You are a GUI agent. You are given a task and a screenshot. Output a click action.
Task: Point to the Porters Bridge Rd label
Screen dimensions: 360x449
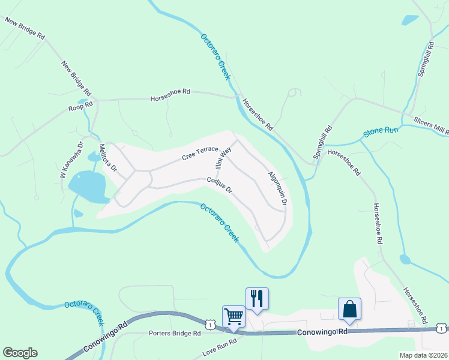pyautogui.click(x=173, y=333)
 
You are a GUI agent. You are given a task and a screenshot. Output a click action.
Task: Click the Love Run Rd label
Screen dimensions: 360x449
pyautogui.click(x=220, y=346)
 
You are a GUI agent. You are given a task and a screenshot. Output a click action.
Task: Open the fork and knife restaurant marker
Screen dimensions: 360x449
pyautogui.click(x=257, y=298)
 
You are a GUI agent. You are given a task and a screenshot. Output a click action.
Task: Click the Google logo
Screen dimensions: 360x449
pyautogui.click(x=20, y=352)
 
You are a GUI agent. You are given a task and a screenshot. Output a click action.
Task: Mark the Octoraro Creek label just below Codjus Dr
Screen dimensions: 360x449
pyautogui.click(x=219, y=222)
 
